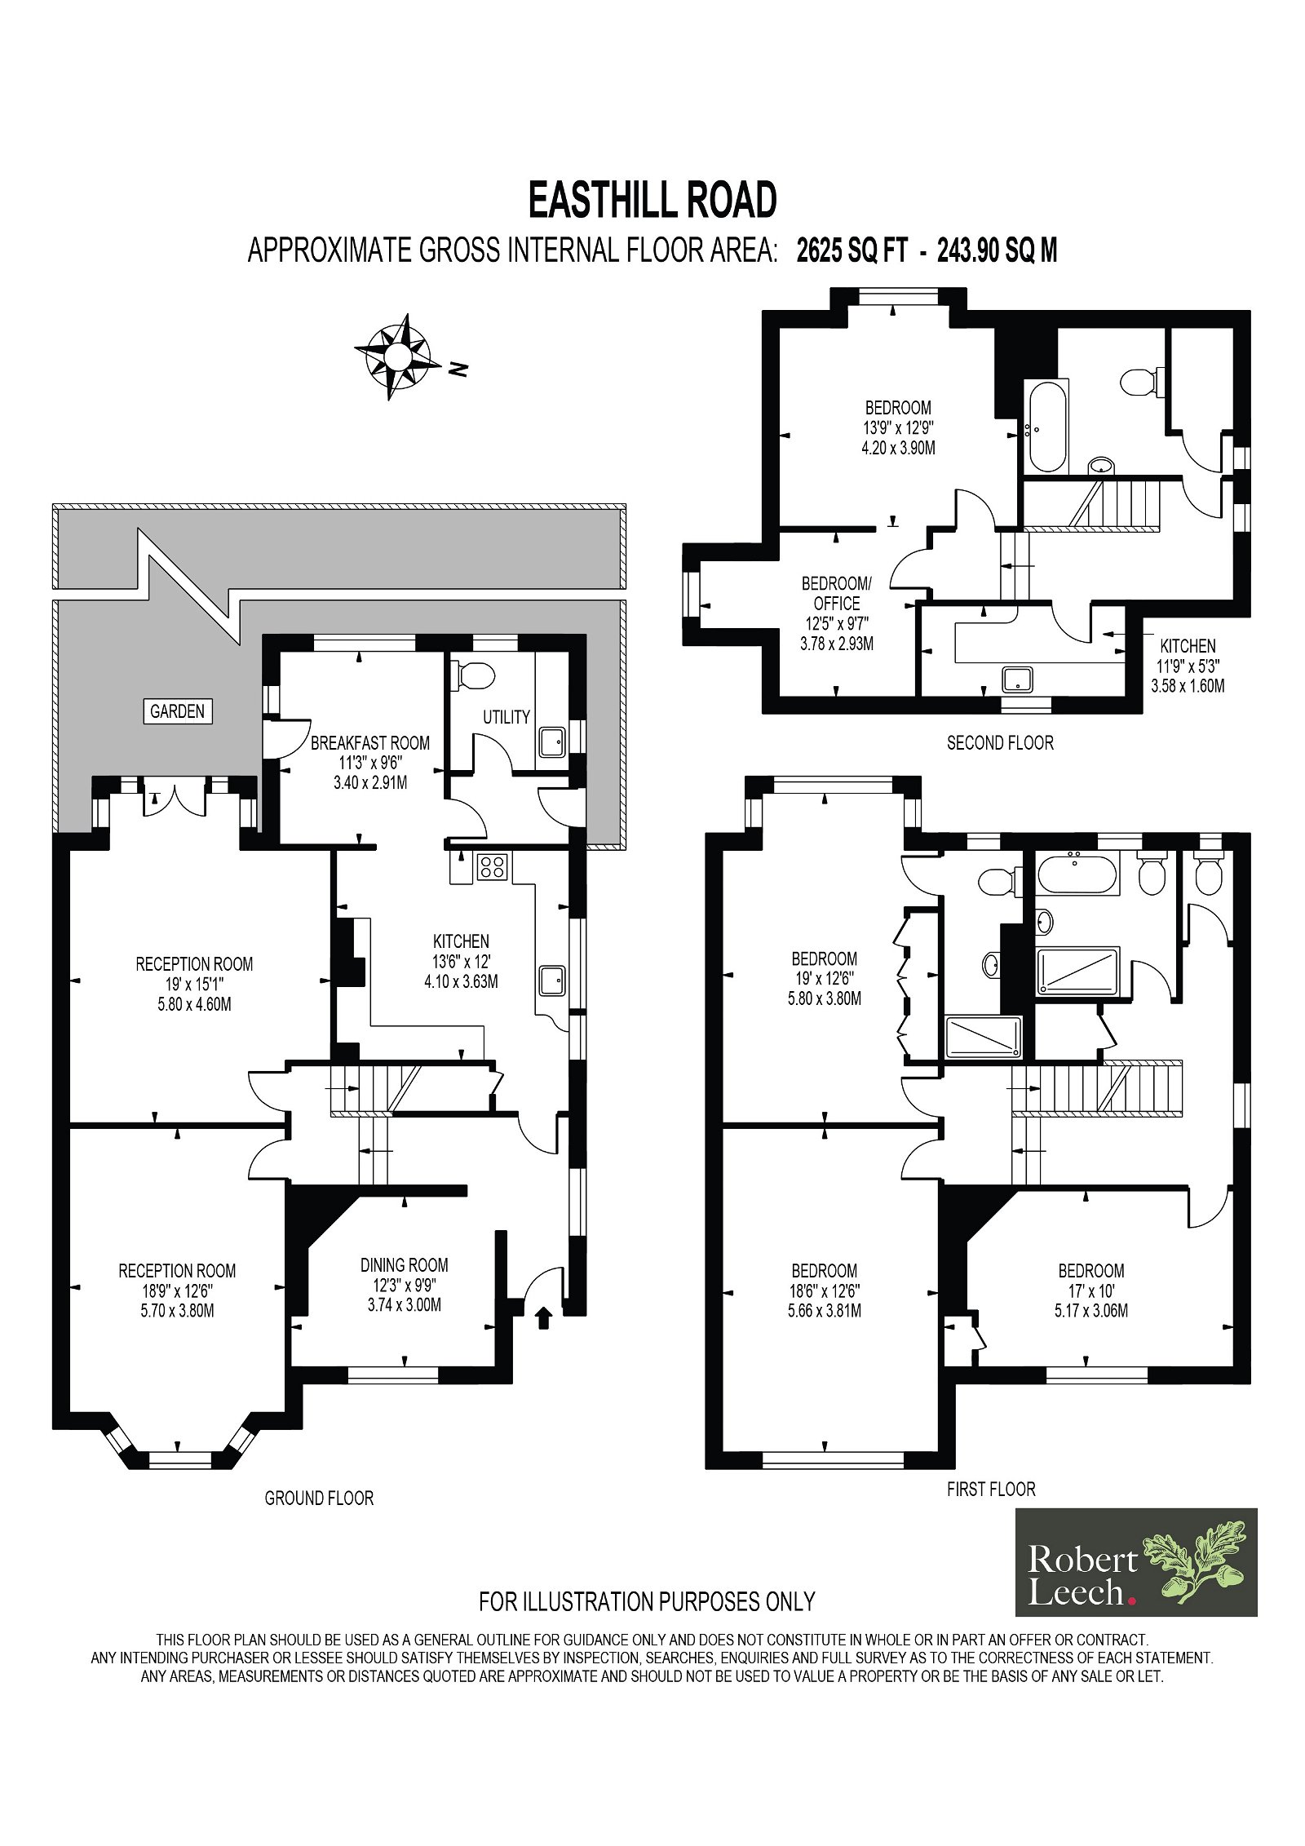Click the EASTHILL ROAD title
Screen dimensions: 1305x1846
point(652,200)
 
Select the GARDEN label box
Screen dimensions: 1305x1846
point(177,711)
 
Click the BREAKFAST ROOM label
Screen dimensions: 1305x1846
point(370,743)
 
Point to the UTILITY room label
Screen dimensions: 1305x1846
point(507,717)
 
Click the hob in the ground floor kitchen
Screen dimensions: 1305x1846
point(493,866)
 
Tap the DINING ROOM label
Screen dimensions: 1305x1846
point(405,1265)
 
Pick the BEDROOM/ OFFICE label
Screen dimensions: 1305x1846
point(837,593)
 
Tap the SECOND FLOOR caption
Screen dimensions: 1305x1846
point(1000,743)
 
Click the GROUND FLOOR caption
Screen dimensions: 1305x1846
point(319,1498)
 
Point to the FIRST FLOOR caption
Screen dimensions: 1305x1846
point(991,1490)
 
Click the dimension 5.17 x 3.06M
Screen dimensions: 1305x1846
point(1091,1311)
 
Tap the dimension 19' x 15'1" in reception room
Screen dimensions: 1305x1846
point(194,985)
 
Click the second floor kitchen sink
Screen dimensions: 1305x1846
point(1018,679)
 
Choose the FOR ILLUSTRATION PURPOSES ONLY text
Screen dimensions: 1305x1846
point(647,1602)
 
